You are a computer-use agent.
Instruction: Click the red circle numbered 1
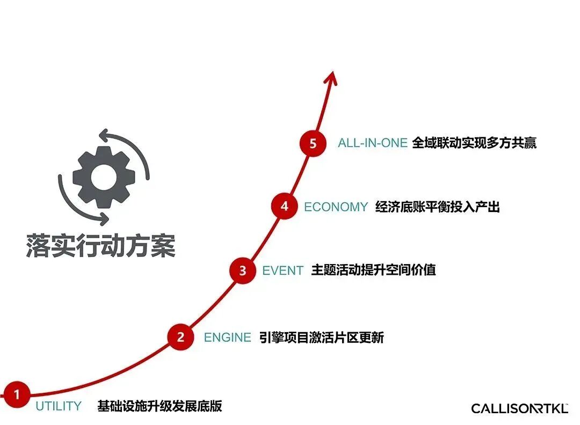click(16, 395)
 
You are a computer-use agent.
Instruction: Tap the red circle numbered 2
click(181, 337)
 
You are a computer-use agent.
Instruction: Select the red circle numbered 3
click(243, 270)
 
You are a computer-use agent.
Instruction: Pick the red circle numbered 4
click(284, 206)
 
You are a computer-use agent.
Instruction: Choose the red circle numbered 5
click(313, 143)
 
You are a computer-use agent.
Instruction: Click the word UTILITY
click(59, 406)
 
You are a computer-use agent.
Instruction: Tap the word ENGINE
click(227, 338)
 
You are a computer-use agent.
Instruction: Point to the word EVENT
click(282, 270)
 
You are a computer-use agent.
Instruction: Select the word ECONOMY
click(336, 207)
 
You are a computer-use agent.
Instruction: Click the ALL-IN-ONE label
click(372, 143)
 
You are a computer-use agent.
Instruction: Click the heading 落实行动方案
click(100, 245)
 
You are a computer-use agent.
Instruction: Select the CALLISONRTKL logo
click(519, 408)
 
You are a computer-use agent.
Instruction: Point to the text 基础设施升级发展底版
click(160, 406)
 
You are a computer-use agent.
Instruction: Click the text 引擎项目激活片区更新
click(321, 338)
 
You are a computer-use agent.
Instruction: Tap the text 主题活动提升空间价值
click(373, 270)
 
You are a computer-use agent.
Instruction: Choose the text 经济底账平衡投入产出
click(437, 207)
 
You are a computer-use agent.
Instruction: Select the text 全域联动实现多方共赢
click(474, 143)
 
